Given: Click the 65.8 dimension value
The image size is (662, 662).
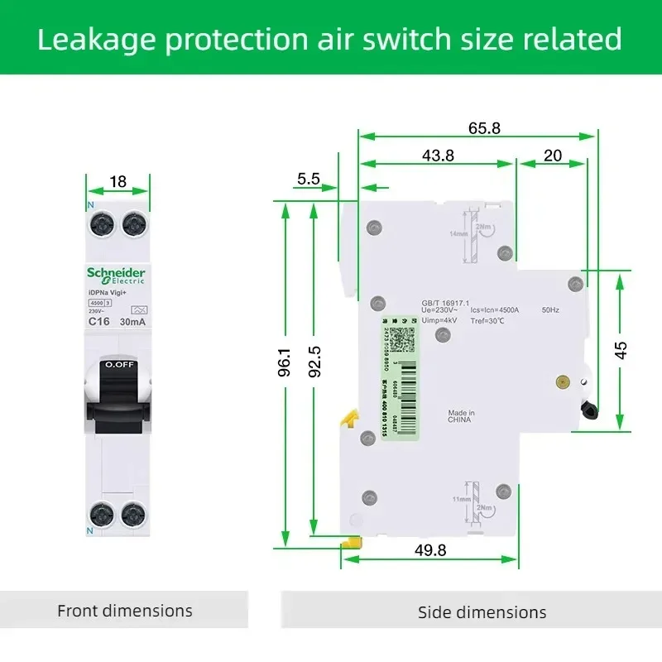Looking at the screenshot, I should click(x=484, y=128).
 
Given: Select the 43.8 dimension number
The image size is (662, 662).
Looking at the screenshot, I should click(x=438, y=156).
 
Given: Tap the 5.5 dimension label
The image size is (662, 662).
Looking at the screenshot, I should click(x=309, y=178).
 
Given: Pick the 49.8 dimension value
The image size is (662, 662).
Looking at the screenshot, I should click(x=429, y=550).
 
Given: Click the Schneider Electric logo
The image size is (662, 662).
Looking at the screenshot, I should click(x=117, y=276).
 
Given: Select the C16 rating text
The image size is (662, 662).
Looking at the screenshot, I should click(x=99, y=321).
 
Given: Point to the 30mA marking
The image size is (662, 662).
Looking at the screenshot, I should click(x=132, y=321).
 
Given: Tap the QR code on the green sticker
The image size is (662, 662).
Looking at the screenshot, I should click(x=401, y=339).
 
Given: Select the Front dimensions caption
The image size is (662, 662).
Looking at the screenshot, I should click(x=124, y=611).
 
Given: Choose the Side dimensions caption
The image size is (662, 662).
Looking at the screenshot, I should click(x=482, y=612).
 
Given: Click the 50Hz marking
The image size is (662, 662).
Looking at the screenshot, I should click(x=551, y=310).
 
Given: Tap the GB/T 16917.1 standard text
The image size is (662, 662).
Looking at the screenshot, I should click(x=444, y=303).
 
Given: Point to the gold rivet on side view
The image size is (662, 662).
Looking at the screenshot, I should click(x=563, y=382).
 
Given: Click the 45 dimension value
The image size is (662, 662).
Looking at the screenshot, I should click(x=621, y=349).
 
